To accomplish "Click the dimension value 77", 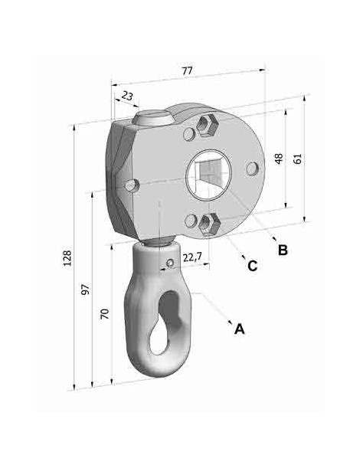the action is pos(187,70).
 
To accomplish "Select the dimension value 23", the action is pos(127,96).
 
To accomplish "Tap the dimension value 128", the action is pos(67,258).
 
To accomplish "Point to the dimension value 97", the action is pos(85,290).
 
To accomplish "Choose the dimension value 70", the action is pos(105,314).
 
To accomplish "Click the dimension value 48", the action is pos(279,159).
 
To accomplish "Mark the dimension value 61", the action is pos(298,159).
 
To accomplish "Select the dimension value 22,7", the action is pos(192,257).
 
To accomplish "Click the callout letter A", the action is pos(240,329).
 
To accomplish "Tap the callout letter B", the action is pos(283,250).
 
